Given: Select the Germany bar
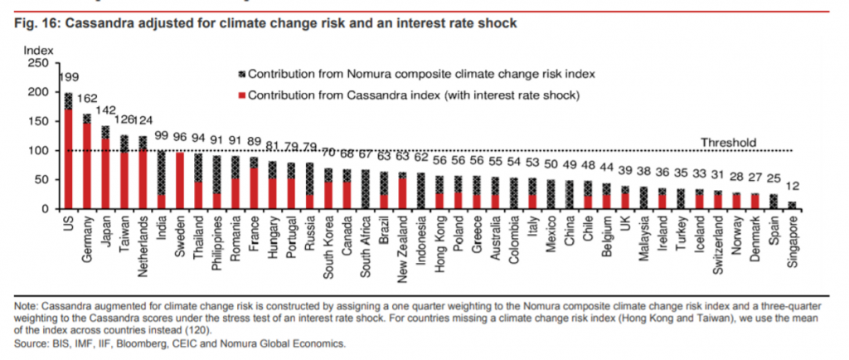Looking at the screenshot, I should click(86, 162).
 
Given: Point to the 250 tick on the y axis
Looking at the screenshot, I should click(37, 62).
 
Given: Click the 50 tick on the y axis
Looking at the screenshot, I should click(41, 180).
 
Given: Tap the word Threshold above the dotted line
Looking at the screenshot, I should click(729, 142).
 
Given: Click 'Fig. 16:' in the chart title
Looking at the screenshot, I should click(36, 24).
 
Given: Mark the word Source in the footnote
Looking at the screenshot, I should click(32, 343).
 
